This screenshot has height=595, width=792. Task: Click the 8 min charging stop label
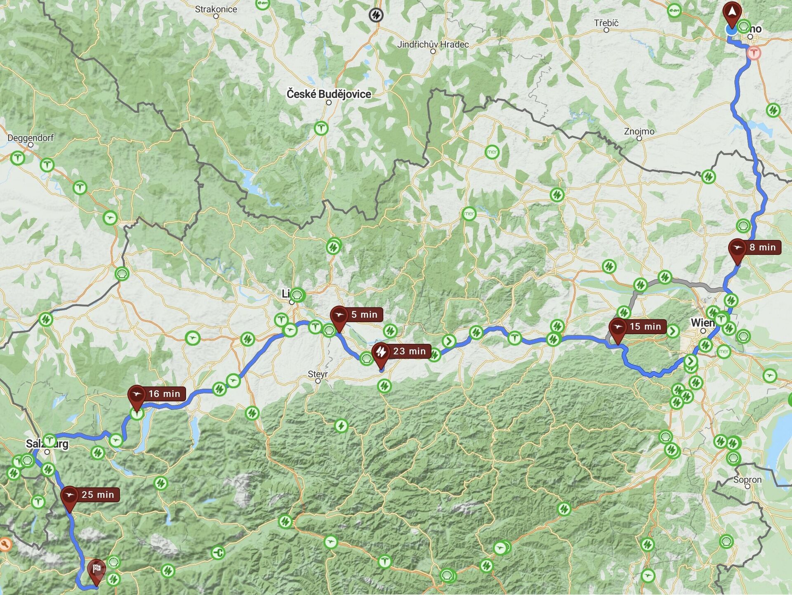coord(762,247)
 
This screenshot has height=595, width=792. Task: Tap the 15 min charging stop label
coord(645,326)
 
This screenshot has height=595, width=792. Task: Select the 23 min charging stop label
coord(409,351)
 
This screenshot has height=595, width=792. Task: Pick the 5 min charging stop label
coord(364,314)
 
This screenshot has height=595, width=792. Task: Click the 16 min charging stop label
coord(164,394)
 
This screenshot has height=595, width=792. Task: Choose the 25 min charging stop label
coord(97,494)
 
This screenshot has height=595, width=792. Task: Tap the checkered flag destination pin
coord(97,570)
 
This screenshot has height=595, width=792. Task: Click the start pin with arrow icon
coord(732,12)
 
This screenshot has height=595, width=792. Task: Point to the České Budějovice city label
coord(329,94)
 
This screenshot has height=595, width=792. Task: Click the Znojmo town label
coord(639,131)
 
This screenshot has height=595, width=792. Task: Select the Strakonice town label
coord(216,9)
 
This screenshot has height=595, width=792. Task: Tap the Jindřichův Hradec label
coord(433,44)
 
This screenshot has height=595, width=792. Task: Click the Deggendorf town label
coord(31,138)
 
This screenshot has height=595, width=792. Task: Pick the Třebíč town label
coord(606,23)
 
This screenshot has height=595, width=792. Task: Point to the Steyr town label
coord(318,374)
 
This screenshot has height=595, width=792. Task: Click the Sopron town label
coord(747,479)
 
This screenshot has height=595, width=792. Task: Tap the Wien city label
coord(702,323)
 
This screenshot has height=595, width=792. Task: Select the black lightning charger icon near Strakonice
coord(376,15)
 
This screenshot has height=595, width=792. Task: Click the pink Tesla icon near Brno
coord(754,53)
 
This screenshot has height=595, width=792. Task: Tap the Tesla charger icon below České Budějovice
coord(321,128)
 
